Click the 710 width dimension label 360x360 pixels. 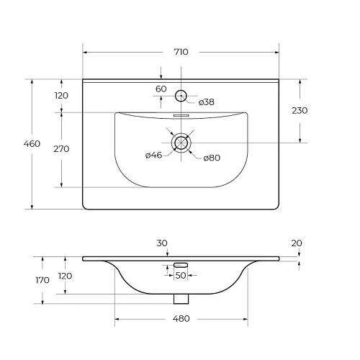click(181, 52)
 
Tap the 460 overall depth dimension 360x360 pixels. click(32, 144)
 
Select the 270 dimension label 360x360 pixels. click(61, 149)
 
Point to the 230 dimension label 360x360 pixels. click(300, 111)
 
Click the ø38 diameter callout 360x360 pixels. click(207, 102)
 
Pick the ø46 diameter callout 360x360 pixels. click(154, 155)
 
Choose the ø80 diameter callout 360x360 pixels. click(212, 158)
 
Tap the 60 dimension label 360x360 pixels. click(161, 89)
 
